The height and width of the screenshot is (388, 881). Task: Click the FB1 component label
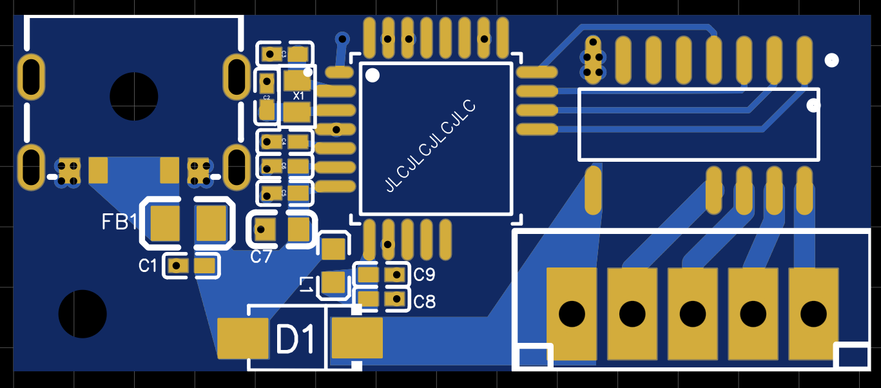pos(120,222)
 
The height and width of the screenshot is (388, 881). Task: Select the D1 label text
pos(296,340)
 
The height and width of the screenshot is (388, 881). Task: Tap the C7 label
pos(262,257)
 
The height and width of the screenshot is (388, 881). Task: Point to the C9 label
pos(424,275)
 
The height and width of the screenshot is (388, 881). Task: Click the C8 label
pos(424,301)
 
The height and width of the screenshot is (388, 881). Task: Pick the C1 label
pos(148,265)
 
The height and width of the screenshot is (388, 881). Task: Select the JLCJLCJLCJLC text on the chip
pos(430,146)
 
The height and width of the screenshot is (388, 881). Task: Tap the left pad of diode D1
pos(243,338)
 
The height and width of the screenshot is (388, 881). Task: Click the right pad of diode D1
pos(357,338)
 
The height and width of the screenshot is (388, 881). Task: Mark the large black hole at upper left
pos(133,97)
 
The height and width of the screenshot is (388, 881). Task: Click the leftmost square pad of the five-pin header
pos(572,314)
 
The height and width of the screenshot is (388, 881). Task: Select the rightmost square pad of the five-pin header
pos(813,314)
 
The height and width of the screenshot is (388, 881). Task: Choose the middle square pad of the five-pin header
pos(692,314)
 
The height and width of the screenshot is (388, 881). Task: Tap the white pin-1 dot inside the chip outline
pos(373,75)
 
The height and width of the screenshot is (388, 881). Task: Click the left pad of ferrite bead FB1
pos(166,222)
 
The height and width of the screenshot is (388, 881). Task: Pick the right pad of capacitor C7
pos(299,229)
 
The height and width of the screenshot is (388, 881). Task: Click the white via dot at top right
pos(832,60)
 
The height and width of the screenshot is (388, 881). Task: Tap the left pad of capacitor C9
pos(368,275)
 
